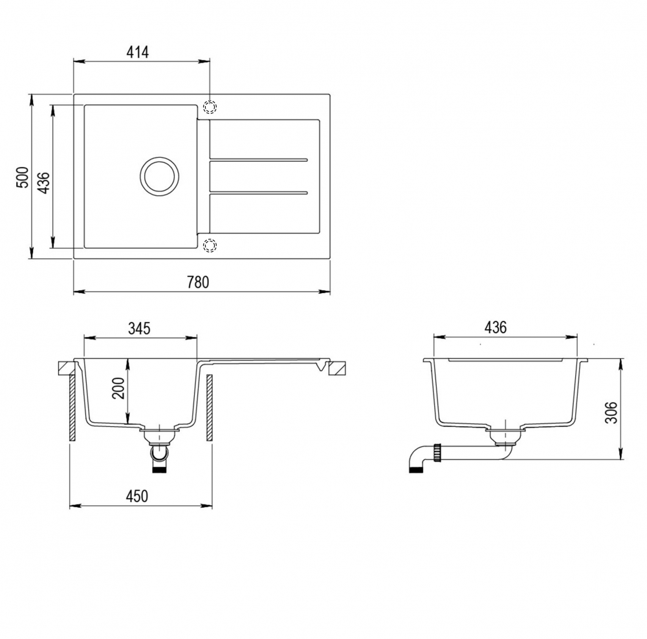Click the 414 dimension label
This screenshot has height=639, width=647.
pyautogui.click(x=137, y=52)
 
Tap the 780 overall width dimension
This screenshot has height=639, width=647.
pyautogui.click(x=198, y=282)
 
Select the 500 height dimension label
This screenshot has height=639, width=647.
pyautogui.click(x=23, y=177)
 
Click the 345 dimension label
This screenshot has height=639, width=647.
pyautogui.click(x=139, y=329)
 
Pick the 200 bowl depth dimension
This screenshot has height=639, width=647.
pyautogui.click(x=118, y=388)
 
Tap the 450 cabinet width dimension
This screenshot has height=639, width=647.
pyautogui.click(x=137, y=496)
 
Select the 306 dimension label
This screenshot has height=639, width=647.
pyautogui.click(x=611, y=412)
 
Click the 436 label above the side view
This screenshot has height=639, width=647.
pyautogui.click(x=495, y=327)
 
